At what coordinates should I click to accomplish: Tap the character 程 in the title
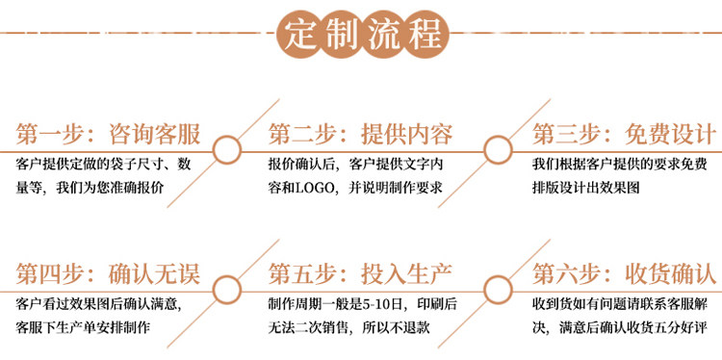click(x=426, y=35)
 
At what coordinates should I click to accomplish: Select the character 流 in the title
click(x=384, y=35)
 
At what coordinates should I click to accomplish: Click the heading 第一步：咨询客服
click(x=108, y=134)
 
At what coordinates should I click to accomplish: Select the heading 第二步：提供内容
click(x=361, y=134)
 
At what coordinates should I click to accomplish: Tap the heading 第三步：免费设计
click(x=625, y=134)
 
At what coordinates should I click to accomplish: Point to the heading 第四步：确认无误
click(x=108, y=274)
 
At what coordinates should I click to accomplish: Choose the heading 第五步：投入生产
click(x=361, y=274)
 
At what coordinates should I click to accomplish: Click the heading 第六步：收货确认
click(x=625, y=274)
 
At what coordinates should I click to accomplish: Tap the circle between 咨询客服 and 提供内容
click(x=227, y=150)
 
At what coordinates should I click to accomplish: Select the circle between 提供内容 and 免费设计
click(x=498, y=150)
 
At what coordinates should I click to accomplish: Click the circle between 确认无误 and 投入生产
click(x=227, y=290)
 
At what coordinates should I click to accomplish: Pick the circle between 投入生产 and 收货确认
click(x=498, y=290)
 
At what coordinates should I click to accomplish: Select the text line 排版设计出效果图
click(x=585, y=189)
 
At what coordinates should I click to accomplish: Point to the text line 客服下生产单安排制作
click(x=83, y=328)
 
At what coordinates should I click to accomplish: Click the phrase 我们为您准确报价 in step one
click(x=110, y=189)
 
